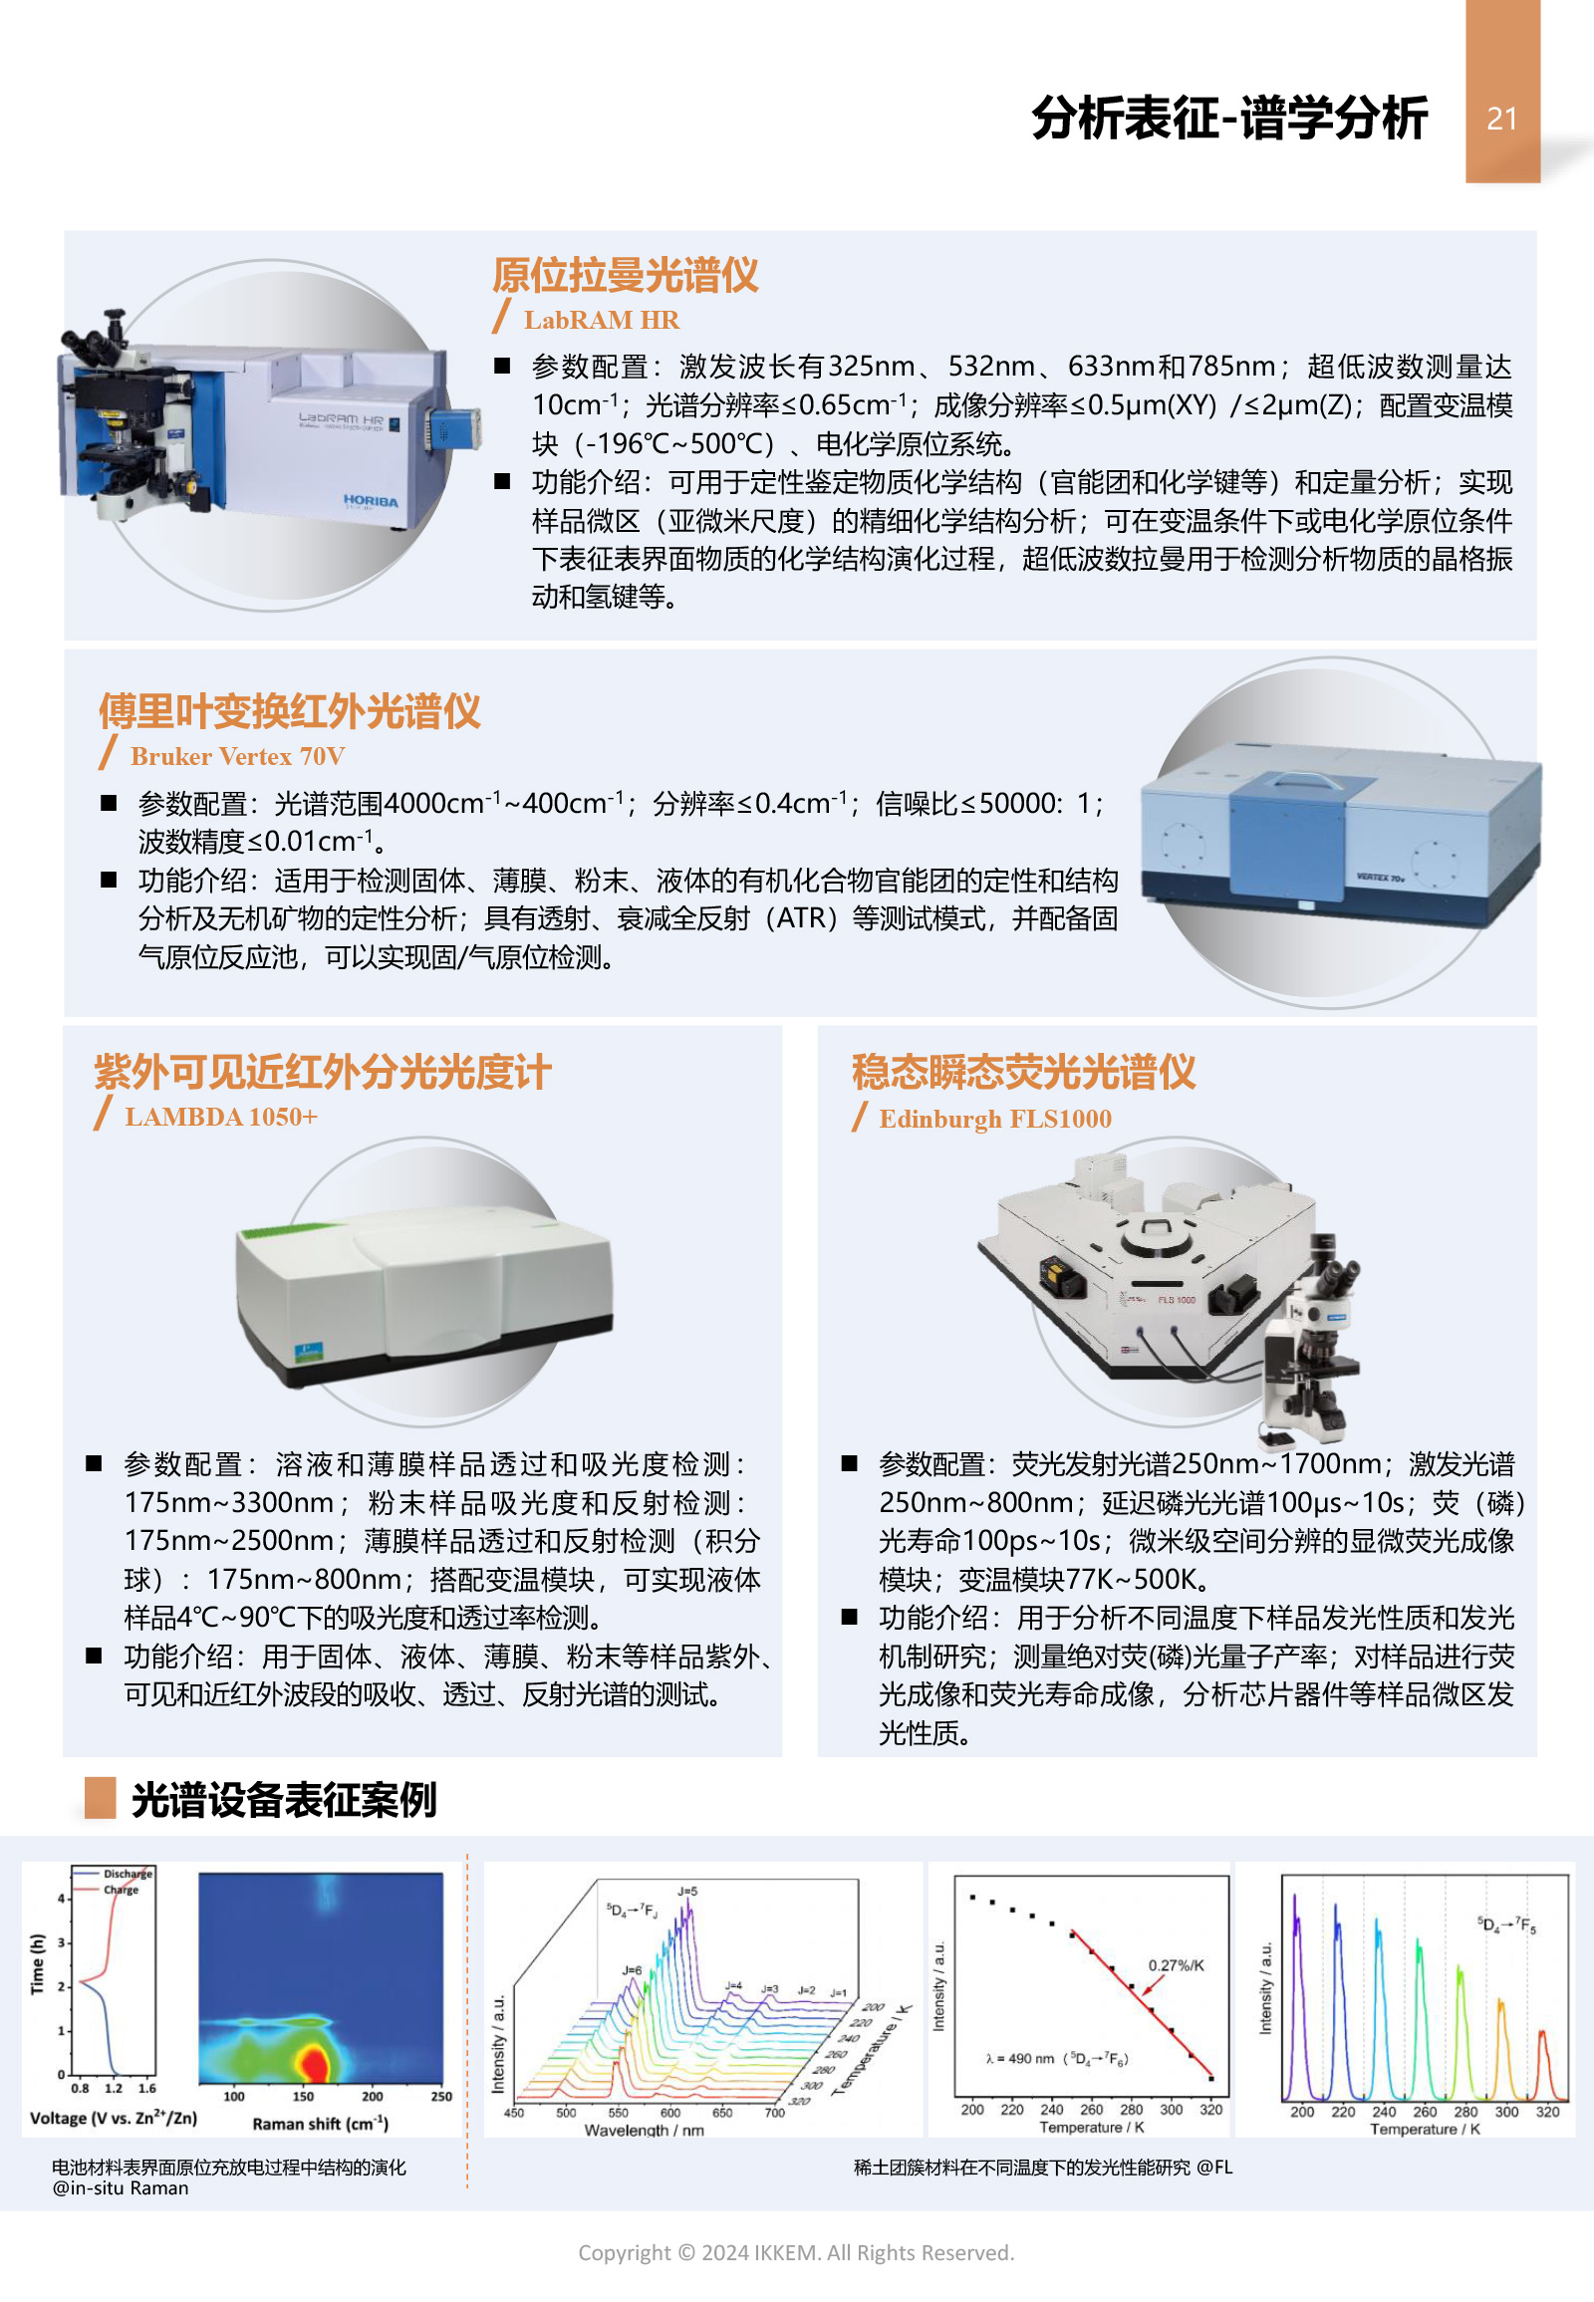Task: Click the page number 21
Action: (1501, 119)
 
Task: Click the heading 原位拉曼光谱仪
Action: (626, 275)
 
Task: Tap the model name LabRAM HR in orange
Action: (602, 320)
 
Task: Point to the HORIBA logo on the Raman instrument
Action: (371, 500)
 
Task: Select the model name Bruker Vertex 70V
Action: (238, 756)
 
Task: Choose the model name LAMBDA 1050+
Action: (221, 1117)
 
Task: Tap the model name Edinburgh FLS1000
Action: (994, 1119)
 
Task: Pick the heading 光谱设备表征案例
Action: (284, 1799)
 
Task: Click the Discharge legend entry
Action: (127, 1874)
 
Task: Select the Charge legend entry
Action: (121, 1889)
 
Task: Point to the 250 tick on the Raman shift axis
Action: (441, 2096)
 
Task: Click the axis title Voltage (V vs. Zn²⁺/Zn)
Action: (113, 2118)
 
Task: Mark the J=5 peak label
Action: (687, 1892)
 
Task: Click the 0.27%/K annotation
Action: (1176, 1965)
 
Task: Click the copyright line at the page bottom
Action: (796, 2252)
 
